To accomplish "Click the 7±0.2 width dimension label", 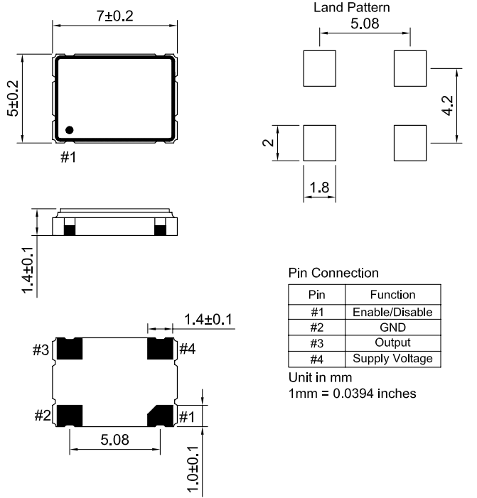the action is click(114, 16).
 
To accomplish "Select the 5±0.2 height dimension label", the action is click(13, 99).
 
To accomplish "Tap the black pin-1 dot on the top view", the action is click(69, 130).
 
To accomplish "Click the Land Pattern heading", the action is click(351, 7).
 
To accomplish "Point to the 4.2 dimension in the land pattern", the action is click(447, 105).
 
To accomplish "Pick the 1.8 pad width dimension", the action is click(319, 188).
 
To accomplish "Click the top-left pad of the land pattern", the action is click(319, 68).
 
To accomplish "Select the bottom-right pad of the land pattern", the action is click(410, 143).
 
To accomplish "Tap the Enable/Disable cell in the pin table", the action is click(392, 312).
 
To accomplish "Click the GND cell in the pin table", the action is click(392, 328).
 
